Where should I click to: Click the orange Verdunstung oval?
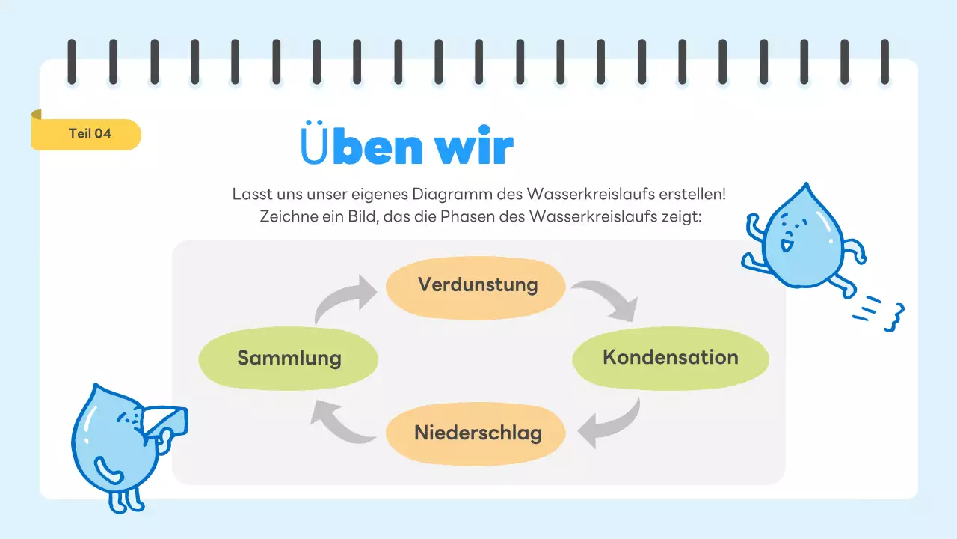tap(476, 287)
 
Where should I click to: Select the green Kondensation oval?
tap(670, 358)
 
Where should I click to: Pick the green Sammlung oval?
tap(289, 359)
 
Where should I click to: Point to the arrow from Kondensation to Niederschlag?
tap(612, 424)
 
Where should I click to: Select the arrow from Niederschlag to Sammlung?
tap(341, 421)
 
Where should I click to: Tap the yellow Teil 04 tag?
tap(88, 134)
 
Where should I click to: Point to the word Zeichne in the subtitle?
tap(286, 217)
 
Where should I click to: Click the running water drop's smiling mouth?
tap(785, 244)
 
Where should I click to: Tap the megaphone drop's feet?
tap(123, 502)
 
